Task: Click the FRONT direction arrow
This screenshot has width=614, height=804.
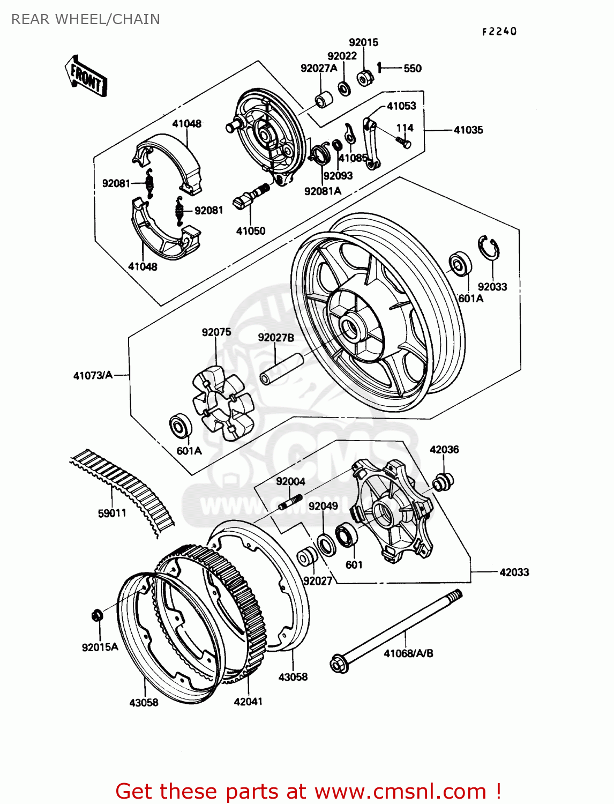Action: pos(86,76)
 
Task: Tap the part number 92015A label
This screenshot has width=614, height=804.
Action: pos(100,647)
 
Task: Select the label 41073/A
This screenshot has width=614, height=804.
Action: pos(93,375)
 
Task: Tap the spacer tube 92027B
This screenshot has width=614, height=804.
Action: pos(282,369)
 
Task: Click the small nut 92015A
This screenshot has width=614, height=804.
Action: pos(97,615)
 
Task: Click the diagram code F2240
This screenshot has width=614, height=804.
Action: pos(499,32)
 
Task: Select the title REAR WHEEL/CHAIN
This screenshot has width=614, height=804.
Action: pos(86,19)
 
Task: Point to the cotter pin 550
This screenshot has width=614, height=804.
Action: pos(379,68)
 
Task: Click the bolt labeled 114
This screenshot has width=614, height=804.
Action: pos(404,142)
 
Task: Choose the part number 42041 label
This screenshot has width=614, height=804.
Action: pos(248,701)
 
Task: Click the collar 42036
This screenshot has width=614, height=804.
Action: pos(443,481)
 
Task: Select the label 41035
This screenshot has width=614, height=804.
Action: pos(468,130)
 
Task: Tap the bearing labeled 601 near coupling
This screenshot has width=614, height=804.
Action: pos(346,536)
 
